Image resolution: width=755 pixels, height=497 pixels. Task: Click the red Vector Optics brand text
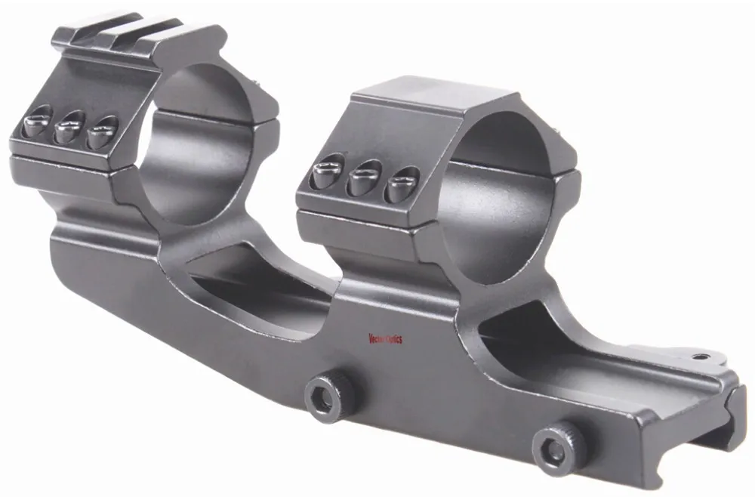(x=384, y=339)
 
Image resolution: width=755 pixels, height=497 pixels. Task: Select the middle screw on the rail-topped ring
(x=70, y=126)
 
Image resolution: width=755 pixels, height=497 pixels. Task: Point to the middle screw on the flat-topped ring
(x=364, y=178)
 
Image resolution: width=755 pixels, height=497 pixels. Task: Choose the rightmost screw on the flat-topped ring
(x=400, y=184)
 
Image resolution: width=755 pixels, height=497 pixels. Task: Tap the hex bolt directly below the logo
(x=329, y=394)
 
